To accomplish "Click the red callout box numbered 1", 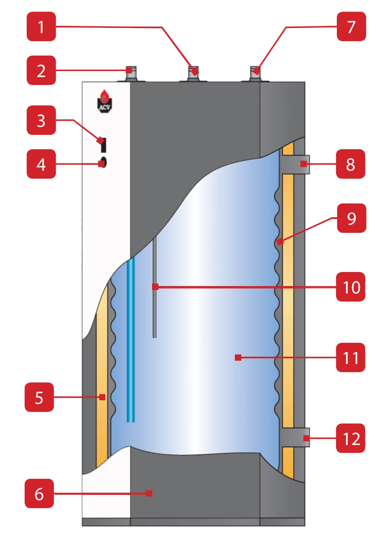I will click(x=41, y=27).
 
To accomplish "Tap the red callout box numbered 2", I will click(x=41, y=71).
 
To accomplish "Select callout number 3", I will click(x=41, y=120).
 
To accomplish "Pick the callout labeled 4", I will click(x=41, y=164).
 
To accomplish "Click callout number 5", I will click(x=39, y=397).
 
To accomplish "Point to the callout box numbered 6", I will click(x=39, y=494).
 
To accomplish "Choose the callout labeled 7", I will click(x=351, y=27).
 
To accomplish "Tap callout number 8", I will click(x=350, y=164).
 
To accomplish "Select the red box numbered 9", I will click(x=351, y=218).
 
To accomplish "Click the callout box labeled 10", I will click(x=351, y=287).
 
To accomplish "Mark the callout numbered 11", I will click(x=351, y=358).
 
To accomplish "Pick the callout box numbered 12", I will click(x=351, y=438).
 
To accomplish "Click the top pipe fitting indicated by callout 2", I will click(x=130, y=75).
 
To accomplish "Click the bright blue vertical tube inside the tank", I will click(x=131, y=340).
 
